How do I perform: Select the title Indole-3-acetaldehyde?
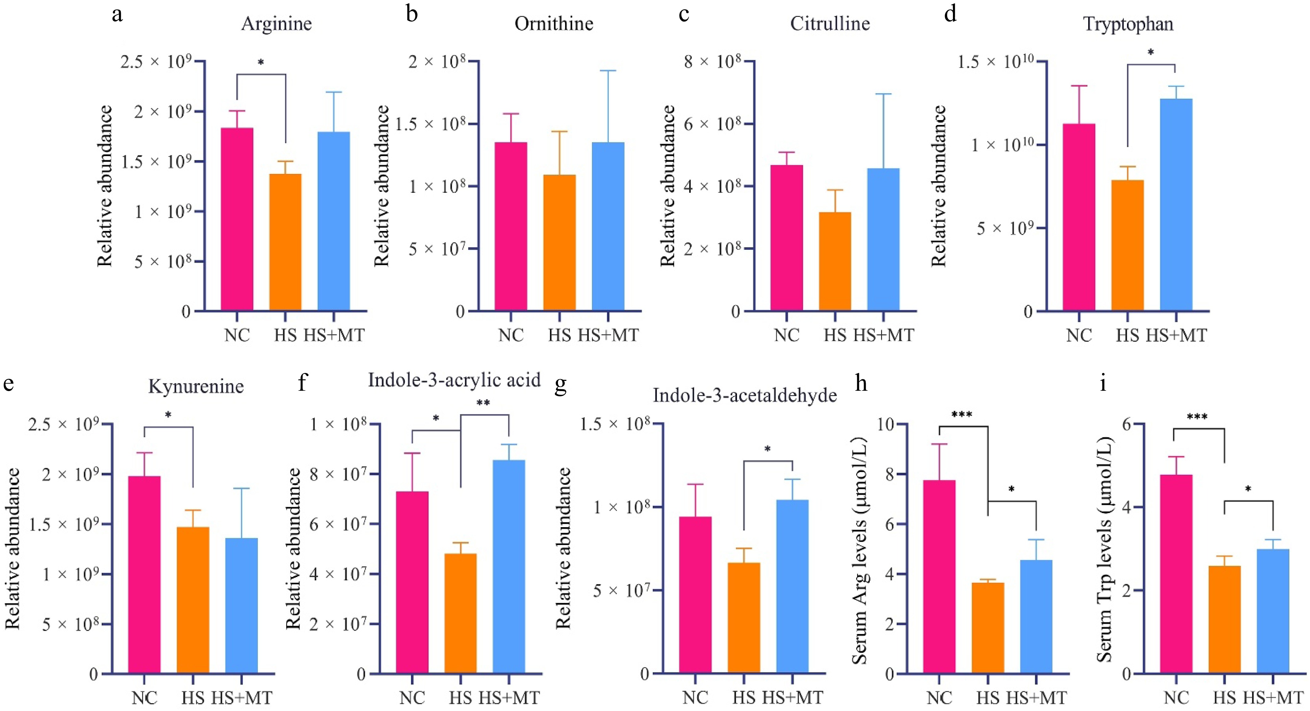(745, 395)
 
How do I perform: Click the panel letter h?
(861, 383)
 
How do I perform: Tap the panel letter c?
(684, 14)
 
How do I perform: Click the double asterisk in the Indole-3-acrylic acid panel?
(483, 403)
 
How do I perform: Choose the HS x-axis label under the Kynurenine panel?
(193, 698)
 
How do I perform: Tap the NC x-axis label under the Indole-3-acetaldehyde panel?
(695, 698)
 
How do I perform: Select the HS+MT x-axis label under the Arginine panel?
(334, 335)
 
